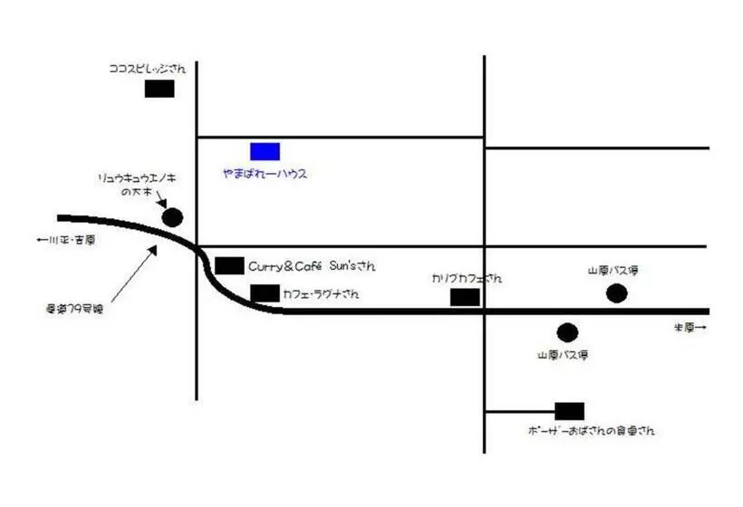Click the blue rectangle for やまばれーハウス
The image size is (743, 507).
click(x=265, y=151)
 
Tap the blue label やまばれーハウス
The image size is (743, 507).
click(x=265, y=173)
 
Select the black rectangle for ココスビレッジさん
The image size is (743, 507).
click(x=159, y=89)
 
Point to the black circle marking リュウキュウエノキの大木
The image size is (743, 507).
click(x=172, y=217)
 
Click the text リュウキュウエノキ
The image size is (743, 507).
click(x=137, y=179)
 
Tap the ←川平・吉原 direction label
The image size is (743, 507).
click(x=64, y=240)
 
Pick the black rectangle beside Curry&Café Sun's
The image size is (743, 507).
click(x=229, y=265)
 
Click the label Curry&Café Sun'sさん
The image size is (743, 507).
click(x=312, y=266)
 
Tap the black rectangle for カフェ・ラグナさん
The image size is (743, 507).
click(x=265, y=292)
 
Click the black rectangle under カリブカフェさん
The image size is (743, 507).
click(x=465, y=297)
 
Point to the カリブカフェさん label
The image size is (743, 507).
click(x=466, y=278)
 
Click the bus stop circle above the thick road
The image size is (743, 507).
click(x=616, y=292)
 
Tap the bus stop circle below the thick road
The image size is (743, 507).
click(x=567, y=332)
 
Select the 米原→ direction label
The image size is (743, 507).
click(x=689, y=327)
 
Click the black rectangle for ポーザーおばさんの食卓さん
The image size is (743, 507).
click(x=569, y=411)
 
